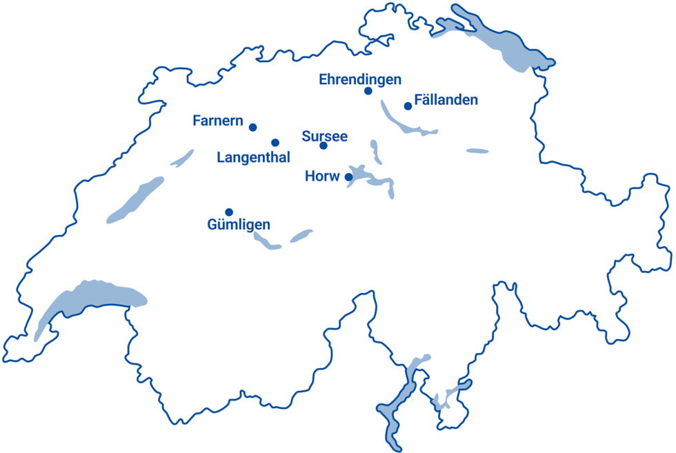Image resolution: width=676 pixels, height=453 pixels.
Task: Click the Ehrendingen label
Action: tap(359, 79)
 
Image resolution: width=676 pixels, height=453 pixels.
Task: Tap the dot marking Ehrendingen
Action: tap(368, 91)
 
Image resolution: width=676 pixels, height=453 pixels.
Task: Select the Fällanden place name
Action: tap(446, 100)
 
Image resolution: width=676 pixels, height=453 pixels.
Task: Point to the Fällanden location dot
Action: tap(408, 106)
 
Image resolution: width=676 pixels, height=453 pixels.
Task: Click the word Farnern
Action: tap(217, 121)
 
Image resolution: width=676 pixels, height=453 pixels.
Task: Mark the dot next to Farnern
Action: tap(253, 128)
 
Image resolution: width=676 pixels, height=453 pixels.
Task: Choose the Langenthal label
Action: tap(253, 157)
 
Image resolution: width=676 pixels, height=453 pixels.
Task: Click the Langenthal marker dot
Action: tap(275, 143)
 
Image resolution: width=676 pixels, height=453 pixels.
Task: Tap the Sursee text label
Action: tap(324, 136)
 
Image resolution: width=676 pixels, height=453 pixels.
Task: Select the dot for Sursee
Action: tap(324, 145)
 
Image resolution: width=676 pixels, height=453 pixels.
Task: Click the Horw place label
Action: tap(321, 177)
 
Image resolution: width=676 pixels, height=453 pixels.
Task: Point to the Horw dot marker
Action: tap(349, 177)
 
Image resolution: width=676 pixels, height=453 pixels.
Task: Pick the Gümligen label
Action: tap(239, 225)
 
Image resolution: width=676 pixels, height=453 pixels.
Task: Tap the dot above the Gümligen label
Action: tap(229, 212)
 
